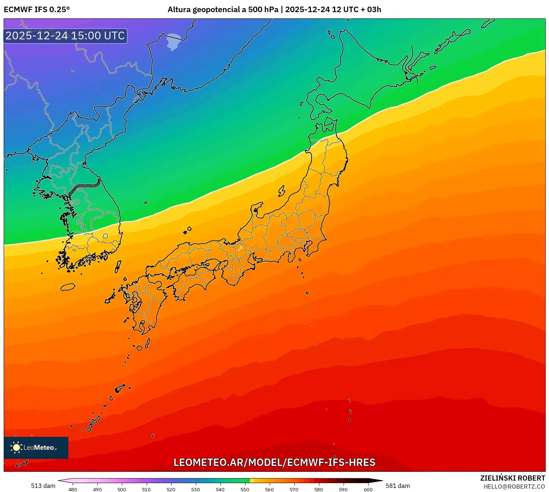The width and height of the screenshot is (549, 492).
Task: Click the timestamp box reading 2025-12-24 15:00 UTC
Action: coord(65,36)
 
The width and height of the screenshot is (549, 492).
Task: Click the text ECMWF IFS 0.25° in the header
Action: coord(37,10)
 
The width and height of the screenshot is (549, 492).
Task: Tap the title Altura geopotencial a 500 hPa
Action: coord(223,10)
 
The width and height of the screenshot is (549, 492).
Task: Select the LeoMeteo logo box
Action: coord(36,448)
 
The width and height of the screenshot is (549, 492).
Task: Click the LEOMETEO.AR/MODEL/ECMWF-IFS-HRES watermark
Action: coord(274,462)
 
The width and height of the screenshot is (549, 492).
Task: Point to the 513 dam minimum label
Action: coord(43,486)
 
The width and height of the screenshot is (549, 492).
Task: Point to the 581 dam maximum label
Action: coord(398,486)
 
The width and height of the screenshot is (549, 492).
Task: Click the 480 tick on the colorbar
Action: coord(73,489)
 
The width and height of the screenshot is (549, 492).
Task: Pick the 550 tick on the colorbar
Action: coord(245,489)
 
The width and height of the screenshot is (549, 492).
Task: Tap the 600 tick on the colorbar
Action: coord(368,489)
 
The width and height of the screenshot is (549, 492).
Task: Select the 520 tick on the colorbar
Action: coord(171,489)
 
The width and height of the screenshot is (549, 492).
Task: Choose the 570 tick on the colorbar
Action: coord(294,489)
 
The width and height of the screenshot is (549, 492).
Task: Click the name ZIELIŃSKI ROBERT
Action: coord(512,478)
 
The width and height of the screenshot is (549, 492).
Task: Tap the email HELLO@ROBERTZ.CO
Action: coord(514,486)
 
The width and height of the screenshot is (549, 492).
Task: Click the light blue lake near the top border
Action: coord(173,42)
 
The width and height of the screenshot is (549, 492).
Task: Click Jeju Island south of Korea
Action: coord(68,287)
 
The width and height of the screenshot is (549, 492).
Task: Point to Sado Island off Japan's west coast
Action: coord(281,191)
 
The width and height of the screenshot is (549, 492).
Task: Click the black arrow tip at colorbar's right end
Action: coord(380,480)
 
